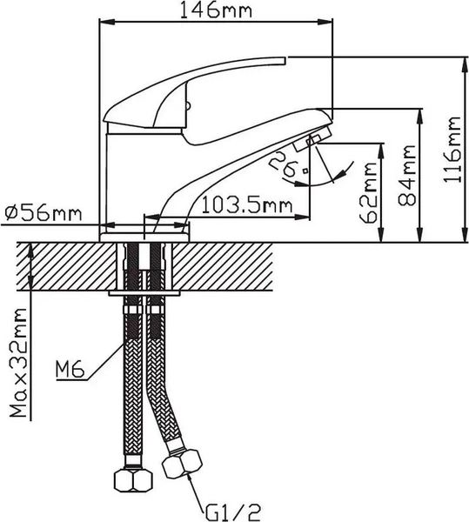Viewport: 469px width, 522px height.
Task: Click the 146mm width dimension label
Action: (x=213, y=11)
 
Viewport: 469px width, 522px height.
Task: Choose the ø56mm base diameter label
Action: (x=43, y=213)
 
